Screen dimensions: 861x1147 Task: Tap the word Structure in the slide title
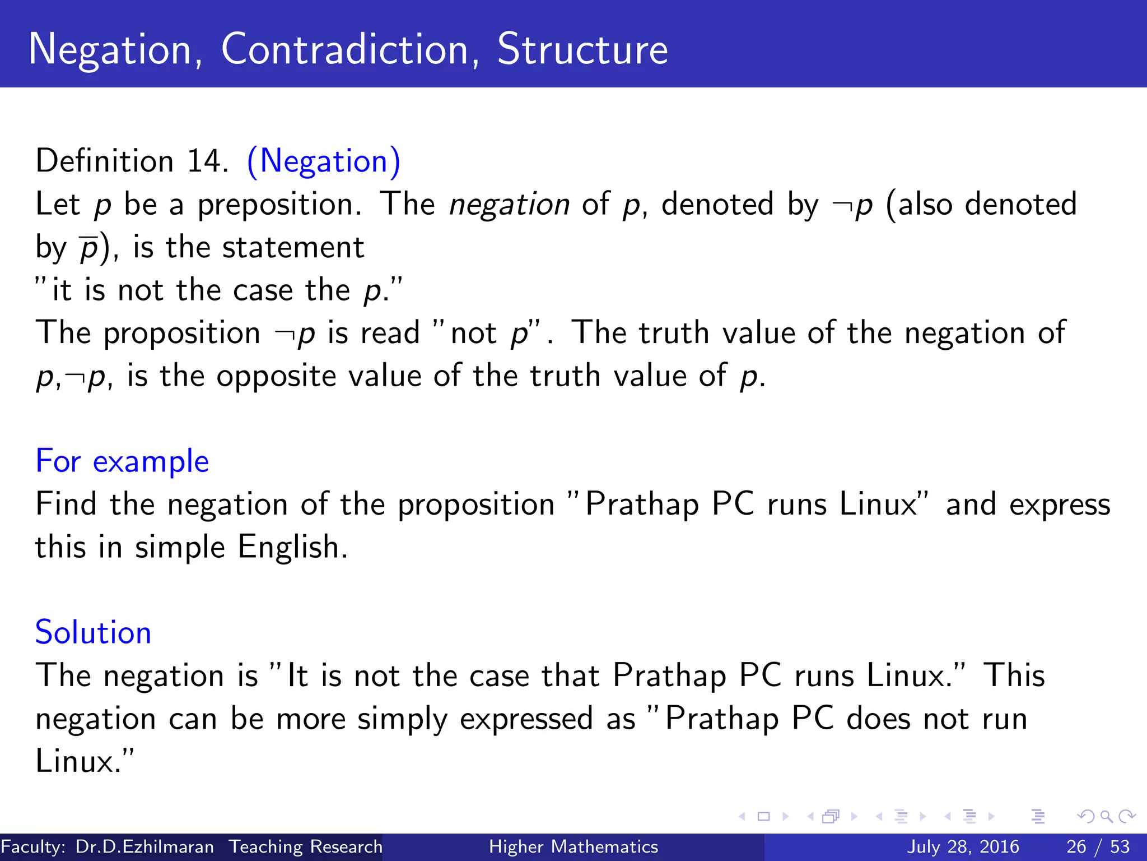pos(582,49)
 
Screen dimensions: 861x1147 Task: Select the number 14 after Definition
pos(207,161)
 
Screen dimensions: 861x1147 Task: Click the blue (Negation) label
pos(324,161)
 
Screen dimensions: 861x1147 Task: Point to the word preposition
pos(279,205)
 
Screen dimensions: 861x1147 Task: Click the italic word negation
pos(509,204)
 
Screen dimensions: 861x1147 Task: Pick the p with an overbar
pos(89,248)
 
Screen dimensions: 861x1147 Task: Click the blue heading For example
pos(122,461)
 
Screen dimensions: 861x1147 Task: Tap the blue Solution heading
pos(94,633)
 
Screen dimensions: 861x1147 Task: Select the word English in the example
pos(292,547)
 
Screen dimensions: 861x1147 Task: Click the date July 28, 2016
pos(963,846)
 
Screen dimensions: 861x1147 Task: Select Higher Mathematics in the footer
pos(573,846)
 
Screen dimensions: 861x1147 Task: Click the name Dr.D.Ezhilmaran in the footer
pos(144,846)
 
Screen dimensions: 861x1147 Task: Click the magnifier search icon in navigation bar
pos(1106,817)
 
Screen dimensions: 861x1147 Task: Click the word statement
pos(293,248)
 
